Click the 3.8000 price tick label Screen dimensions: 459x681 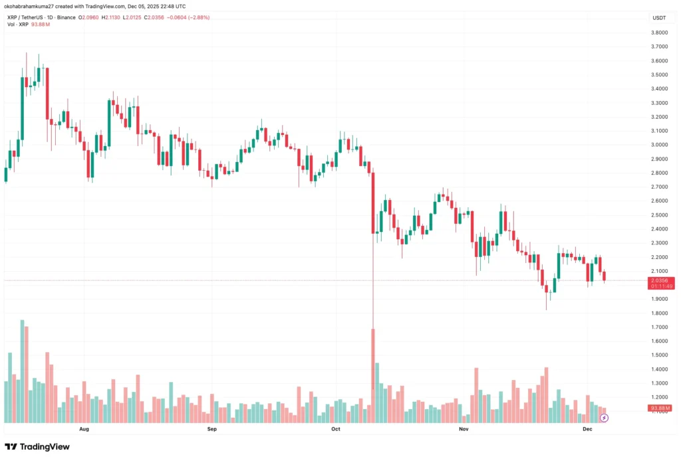click(x=660, y=33)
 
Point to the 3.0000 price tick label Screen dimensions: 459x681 click(x=660, y=145)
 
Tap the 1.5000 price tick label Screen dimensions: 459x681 click(x=660, y=355)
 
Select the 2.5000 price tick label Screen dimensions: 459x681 click(x=660, y=215)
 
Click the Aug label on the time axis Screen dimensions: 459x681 click(x=84, y=430)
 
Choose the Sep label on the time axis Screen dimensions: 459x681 click(x=212, y=430)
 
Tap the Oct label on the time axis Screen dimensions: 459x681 click(x=335, y=430)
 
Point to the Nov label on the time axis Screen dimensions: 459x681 click(x=464, y=430)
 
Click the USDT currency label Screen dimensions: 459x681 click(x=659, y=18)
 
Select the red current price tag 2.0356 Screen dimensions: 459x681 click(x=660, y=281)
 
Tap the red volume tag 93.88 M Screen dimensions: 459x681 click(x=660, y=408)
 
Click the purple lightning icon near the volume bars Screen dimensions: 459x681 click(x=604, y=418)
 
